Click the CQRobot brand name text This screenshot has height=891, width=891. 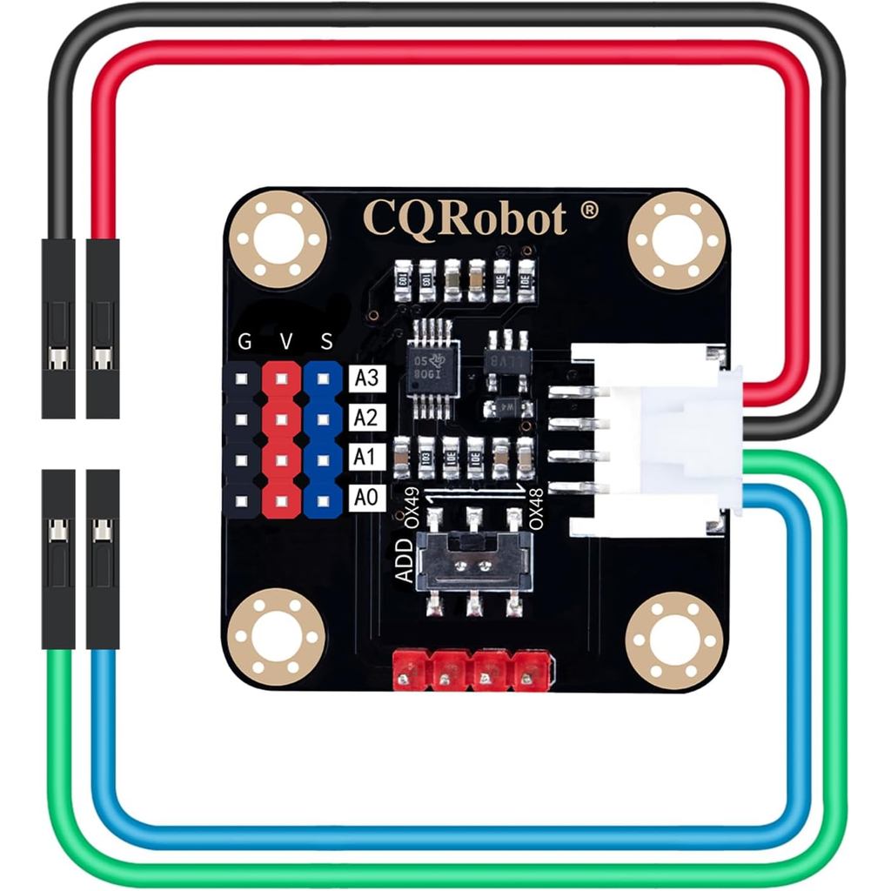[x=464, y=218]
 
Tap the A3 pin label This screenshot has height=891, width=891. [x=365, y=378]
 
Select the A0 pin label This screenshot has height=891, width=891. [x=365, y=499]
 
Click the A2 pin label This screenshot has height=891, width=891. [x=365, y=418]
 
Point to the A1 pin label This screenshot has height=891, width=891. [x=365, y=459]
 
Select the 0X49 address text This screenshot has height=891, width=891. [x=412, y=508]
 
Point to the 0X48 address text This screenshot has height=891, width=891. [x=536, y=508]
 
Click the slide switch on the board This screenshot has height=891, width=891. [x=474, y=561]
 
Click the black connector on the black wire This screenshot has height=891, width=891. [x=58, y=328]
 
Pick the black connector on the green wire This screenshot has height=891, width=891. [x=58, y=559]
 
